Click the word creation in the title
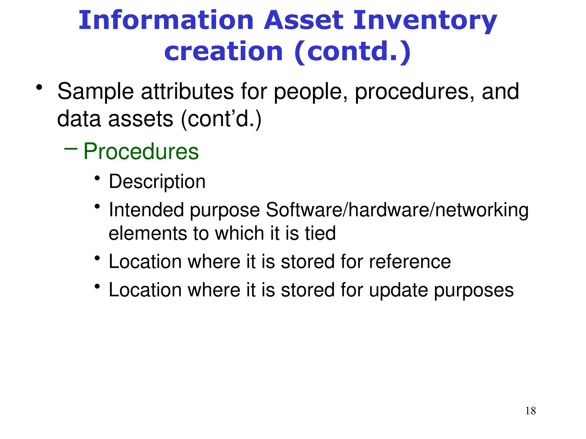coord(224,51)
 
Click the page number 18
coord(530,411)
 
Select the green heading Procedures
coord(141,151)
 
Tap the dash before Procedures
coord(71,149)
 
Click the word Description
coord(157,182)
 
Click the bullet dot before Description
coord(97,178)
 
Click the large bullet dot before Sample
coord(39,87)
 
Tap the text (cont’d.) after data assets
coord(221,119)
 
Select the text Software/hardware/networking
coord(397,210)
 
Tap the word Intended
coord(146,210)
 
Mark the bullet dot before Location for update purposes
coord(97,286)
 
